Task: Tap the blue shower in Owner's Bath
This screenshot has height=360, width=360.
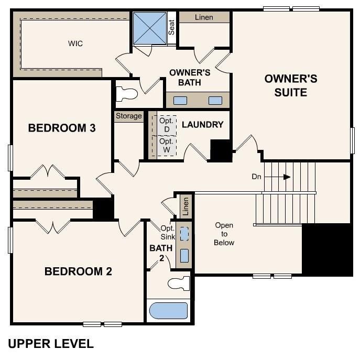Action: [149, 28]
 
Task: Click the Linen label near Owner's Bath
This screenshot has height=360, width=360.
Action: [204, 17]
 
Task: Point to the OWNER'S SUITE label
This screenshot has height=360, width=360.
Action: [291, 85]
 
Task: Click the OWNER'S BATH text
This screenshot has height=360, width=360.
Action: [190, 77]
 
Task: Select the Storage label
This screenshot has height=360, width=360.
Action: [128, 116]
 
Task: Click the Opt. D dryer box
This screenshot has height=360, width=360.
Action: [167, 124]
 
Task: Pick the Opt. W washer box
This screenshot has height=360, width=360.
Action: [167, 146]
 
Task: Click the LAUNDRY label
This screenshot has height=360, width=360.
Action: [202, 125]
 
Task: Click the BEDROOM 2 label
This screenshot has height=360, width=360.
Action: [78, 271]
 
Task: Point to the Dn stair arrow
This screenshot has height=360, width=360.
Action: [286, 177]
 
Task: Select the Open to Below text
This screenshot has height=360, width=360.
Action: [224, 234]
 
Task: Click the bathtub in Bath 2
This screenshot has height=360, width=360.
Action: [168, 311]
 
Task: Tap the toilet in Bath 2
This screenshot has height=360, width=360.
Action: [179, 284]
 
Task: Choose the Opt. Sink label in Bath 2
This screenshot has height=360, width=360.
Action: [168, 232]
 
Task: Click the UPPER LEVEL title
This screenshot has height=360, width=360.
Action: [51, 344]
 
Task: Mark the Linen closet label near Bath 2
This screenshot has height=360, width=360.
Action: [184, 206]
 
